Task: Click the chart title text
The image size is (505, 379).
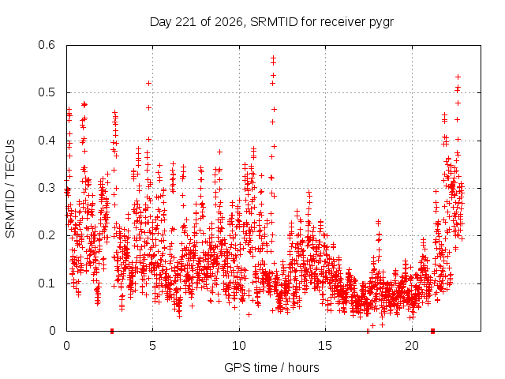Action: click(x=271, y=22)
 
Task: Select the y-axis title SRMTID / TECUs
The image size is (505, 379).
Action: click(x=10, y=189)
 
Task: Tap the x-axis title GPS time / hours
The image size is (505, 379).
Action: click(x=271, y=367)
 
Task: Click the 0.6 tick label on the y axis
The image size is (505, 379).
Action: click(x=47, y=45)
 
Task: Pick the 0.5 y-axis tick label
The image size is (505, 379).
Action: click(x=47, y=92)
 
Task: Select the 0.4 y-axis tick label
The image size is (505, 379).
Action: click(x=47, y=141)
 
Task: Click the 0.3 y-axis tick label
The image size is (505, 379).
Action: click(x=47, y=188)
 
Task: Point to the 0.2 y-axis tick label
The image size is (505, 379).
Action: click(x=47, y=235)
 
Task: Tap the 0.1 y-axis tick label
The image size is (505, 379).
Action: click(x=47, y=283)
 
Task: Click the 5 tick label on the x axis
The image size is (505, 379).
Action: click(x=152, y=346)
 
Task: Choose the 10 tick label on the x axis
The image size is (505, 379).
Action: click(x=239, y=346)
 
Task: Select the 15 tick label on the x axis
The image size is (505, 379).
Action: click(x=325, y=346)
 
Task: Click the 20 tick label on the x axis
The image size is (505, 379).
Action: click(x=412, y=346)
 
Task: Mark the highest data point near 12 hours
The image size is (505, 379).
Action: click(x=274, y=58)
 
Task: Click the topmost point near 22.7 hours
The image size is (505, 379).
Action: click(x=458, y=77)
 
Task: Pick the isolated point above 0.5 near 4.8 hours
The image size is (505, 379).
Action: click(x=148, y=84)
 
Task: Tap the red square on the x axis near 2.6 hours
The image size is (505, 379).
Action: click(x=112, y=331)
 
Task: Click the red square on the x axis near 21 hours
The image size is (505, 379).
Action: click(x=433, y=331)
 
